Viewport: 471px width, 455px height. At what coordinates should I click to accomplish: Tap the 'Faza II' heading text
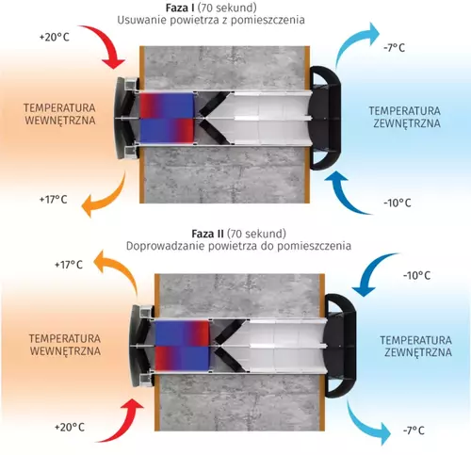point(207,234)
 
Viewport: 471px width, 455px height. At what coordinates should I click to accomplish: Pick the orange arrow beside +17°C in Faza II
point(121,267)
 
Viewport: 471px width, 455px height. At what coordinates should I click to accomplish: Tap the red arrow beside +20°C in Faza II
point(121,422)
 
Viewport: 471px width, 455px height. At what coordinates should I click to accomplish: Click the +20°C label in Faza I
point(54,38)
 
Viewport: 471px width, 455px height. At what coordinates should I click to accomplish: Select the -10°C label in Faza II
point(416,276)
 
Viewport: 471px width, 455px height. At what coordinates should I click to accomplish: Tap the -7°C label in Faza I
point(395,48)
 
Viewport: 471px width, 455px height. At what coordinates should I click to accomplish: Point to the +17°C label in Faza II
point(69,265)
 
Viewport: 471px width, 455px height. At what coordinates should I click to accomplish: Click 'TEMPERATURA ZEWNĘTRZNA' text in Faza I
point(405,117)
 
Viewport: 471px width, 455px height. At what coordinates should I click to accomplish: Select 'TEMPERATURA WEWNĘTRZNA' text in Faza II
point(65,345)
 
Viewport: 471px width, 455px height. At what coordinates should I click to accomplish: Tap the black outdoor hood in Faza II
point(340,346)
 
